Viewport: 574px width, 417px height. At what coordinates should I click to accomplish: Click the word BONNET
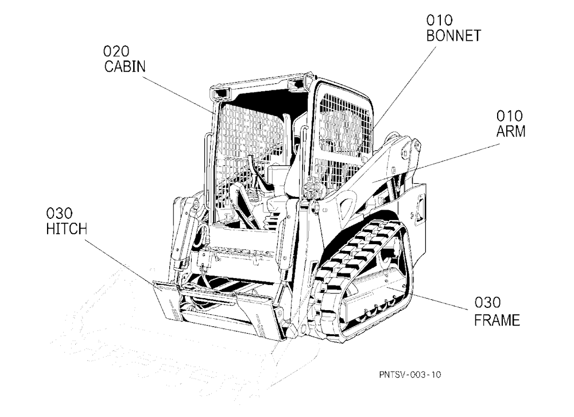pyautogui.click(x=453, y=36)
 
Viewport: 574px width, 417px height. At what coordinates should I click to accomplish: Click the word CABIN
pyautogui.click(x=125, y=67)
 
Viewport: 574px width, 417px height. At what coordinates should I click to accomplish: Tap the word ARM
pyautogui.click(x=511, y=131)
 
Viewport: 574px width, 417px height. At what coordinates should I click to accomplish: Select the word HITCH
pyautogui.click(x=67, y=229)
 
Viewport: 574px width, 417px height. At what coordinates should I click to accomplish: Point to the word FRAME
pyautogui.click(x=497, y=320)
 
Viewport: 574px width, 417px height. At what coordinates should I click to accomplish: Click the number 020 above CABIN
pyautogui.click(x=117, y=51)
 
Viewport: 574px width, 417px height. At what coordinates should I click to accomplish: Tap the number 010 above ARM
pyautogui.click(x=509, y=116)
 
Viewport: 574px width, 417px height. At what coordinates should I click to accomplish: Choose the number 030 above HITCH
pyautogui.click(x=60, y=213)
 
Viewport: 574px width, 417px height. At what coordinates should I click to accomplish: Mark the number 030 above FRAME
pyautogui.click(x=487, y=303)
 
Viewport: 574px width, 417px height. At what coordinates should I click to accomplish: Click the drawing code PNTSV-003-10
pyautogui.click(x=410, y=374)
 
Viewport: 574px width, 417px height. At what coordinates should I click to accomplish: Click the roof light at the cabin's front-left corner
pyautogui.click(x=220, y=93)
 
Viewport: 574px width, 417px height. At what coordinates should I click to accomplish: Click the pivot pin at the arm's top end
pyautogui.click(x=404, y=153)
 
